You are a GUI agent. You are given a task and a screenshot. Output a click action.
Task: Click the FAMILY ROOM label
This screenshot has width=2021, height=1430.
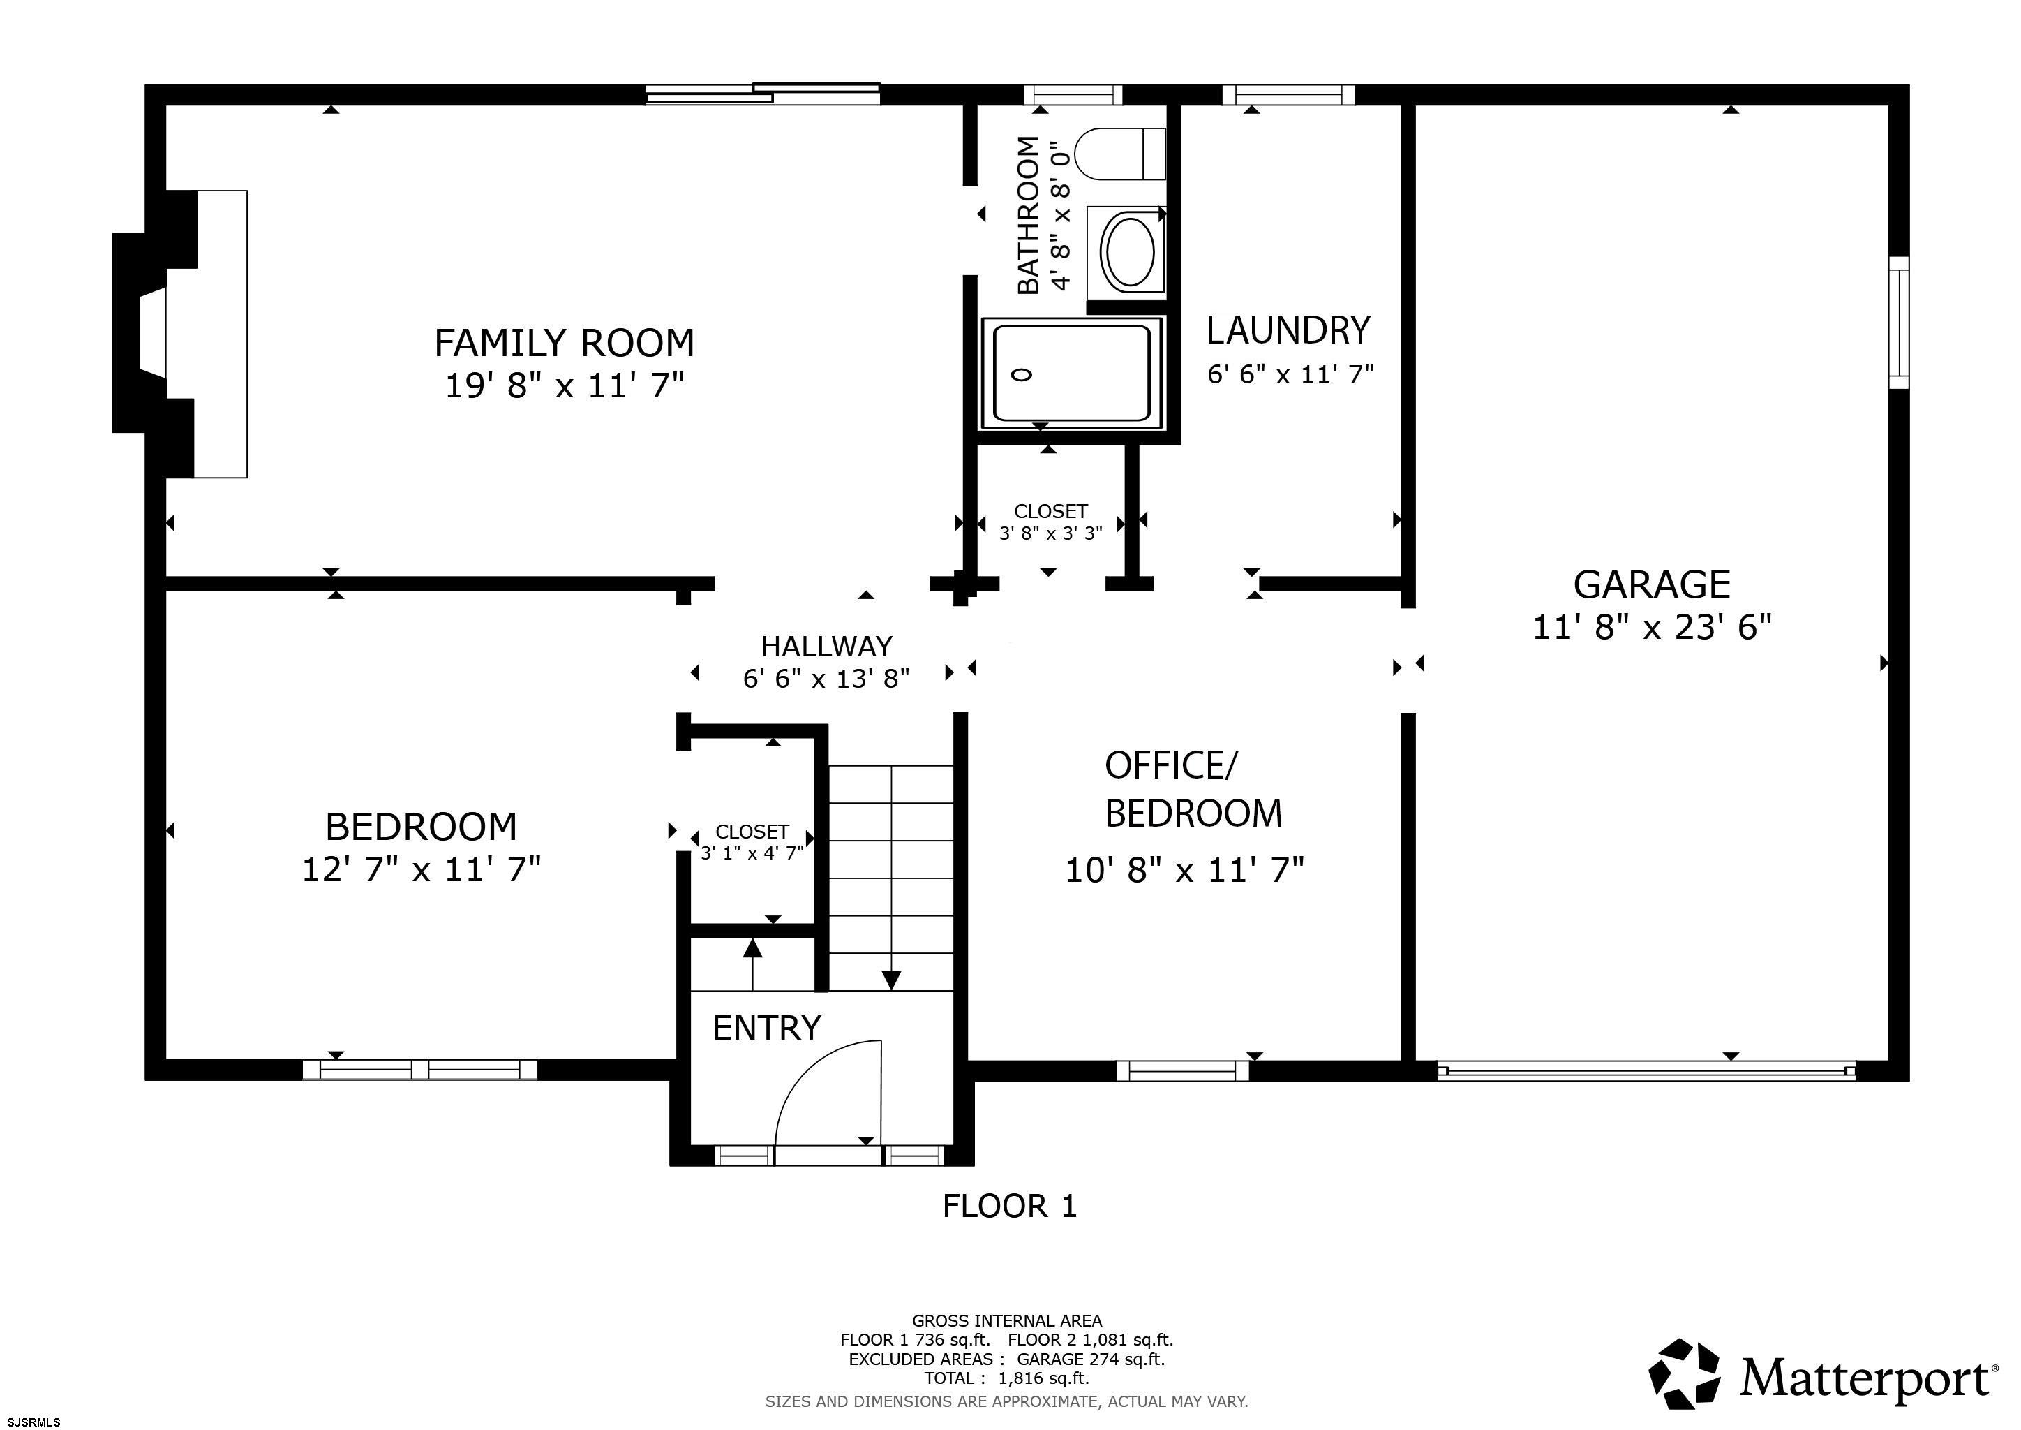565,343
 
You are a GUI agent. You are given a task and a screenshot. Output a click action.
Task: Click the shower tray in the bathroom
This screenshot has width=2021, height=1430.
1072,374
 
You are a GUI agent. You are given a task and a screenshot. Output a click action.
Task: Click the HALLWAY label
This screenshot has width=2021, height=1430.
826,647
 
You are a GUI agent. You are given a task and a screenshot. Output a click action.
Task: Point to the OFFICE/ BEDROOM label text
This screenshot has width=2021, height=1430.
1193,789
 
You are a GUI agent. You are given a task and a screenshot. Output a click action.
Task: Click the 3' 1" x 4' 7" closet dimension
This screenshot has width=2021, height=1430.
752,853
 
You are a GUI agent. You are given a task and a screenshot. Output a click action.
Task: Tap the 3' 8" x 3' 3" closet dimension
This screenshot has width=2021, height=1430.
1051,533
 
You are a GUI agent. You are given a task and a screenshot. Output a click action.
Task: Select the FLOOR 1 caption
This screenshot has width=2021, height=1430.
1010,1205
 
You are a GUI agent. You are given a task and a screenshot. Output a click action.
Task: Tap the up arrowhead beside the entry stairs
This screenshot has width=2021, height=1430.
752,948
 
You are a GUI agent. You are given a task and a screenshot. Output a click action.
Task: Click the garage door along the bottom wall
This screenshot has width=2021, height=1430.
1646,1070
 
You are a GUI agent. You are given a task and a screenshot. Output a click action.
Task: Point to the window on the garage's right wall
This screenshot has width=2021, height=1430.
1899,323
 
